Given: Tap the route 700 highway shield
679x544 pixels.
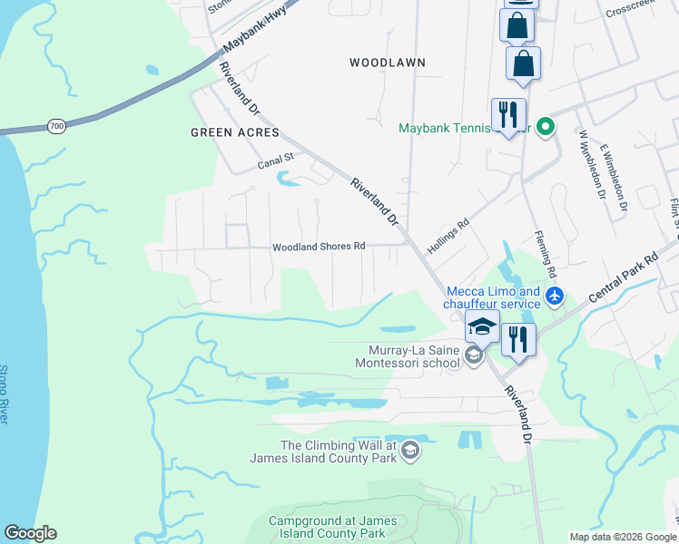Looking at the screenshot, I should point(57,126).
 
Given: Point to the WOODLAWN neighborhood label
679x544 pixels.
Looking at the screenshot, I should point(388,63).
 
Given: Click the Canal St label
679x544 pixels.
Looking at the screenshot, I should point(276,163).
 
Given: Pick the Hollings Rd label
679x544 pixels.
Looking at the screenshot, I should point(449,236).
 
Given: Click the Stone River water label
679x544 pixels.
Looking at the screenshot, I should point(5,394).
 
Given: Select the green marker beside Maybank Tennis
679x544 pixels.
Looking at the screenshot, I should point(545,127).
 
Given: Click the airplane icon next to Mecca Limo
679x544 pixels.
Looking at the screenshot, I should point(556,296).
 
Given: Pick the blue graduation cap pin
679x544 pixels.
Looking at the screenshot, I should point(481,326).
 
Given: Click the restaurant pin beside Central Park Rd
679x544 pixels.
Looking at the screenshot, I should point(517,338).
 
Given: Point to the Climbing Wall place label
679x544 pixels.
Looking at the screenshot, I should point(338,452).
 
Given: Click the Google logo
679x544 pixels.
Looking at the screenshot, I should point(30,533).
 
